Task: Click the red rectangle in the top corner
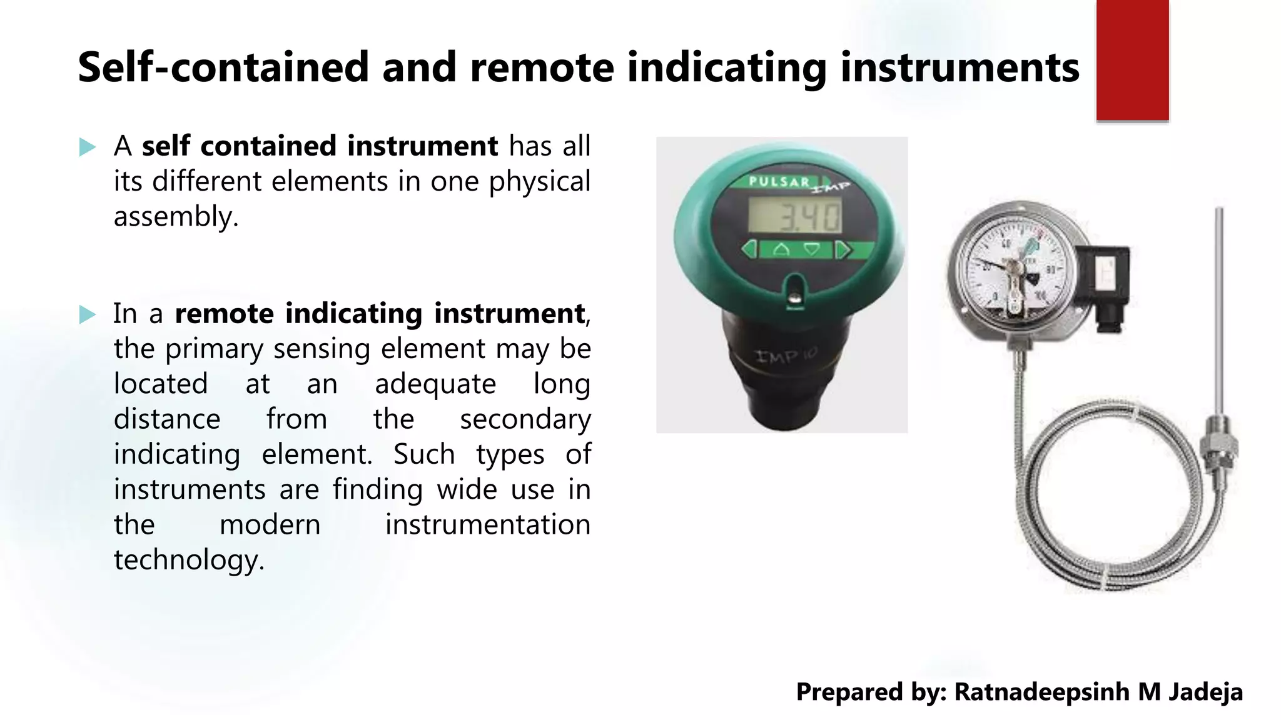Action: (x=1132, y=59)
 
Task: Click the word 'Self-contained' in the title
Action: (x=223, y=67)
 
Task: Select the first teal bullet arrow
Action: (x=88, y=147)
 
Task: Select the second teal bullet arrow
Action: (x=88, y=314)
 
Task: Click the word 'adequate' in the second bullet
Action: (x=435, y=384)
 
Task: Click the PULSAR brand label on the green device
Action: (x=779, y=182)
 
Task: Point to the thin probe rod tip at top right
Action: (x=1218, y=212)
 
